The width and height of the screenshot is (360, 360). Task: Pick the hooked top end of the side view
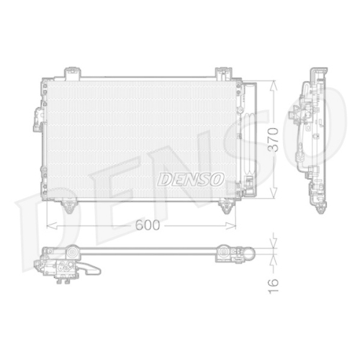tap(315, 73)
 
